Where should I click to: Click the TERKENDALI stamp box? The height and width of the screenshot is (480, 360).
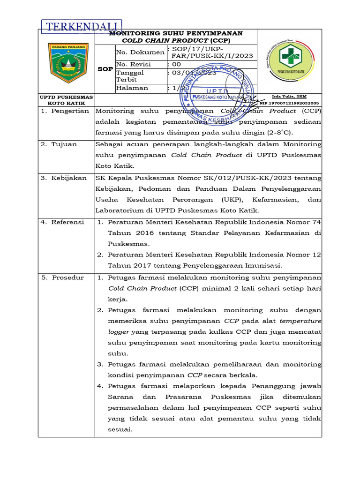pos(82,27)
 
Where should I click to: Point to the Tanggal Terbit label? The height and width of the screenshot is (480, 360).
pos(130,76)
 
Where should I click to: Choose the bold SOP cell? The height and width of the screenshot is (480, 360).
pos(105,69)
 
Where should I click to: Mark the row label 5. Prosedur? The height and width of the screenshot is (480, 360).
pos(62,277)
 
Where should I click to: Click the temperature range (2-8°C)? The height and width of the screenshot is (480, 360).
pos(290,133)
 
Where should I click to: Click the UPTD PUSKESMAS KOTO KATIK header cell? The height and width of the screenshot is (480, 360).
pos(66,100)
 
